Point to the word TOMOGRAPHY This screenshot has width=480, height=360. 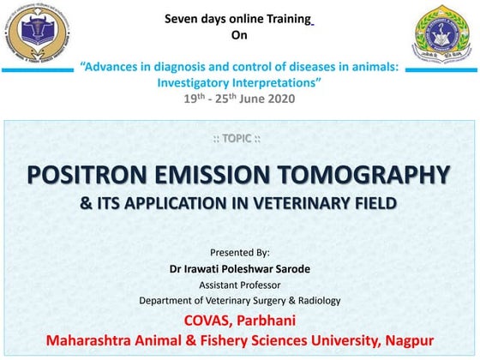tap(372, 175)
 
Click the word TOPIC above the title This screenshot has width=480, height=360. tap(239, 139)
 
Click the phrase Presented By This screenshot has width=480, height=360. tap(239, 252)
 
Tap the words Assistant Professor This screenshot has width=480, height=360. tap(239, 284)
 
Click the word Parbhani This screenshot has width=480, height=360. tap(268, 320)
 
